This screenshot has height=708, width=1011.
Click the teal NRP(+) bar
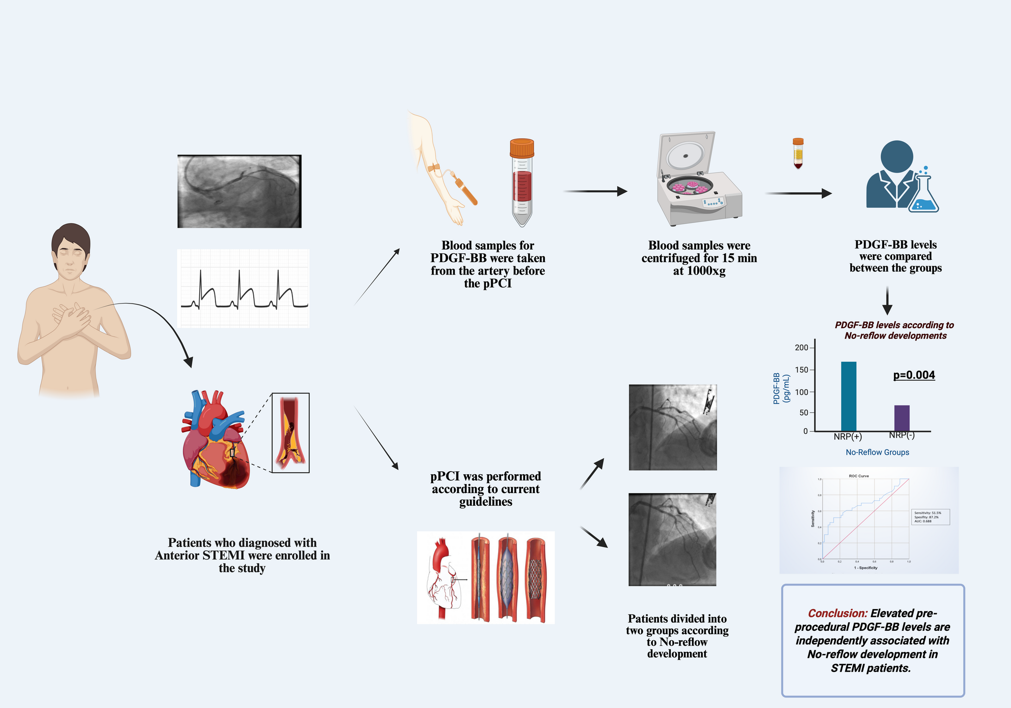848,397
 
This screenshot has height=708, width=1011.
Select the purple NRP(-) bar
901,418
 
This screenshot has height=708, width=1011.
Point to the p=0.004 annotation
914,375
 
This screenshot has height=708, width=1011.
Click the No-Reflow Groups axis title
877,452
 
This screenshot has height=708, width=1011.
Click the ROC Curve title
859,476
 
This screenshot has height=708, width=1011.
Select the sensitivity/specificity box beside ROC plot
930,517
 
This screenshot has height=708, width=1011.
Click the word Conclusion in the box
837,614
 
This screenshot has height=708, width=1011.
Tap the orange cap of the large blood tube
522,148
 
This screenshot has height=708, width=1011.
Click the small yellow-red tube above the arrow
798,154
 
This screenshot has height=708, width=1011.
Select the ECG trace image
243,289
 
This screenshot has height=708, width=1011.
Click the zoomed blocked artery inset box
290,432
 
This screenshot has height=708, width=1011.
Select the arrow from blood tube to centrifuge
595,191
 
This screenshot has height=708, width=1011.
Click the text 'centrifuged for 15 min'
699,258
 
